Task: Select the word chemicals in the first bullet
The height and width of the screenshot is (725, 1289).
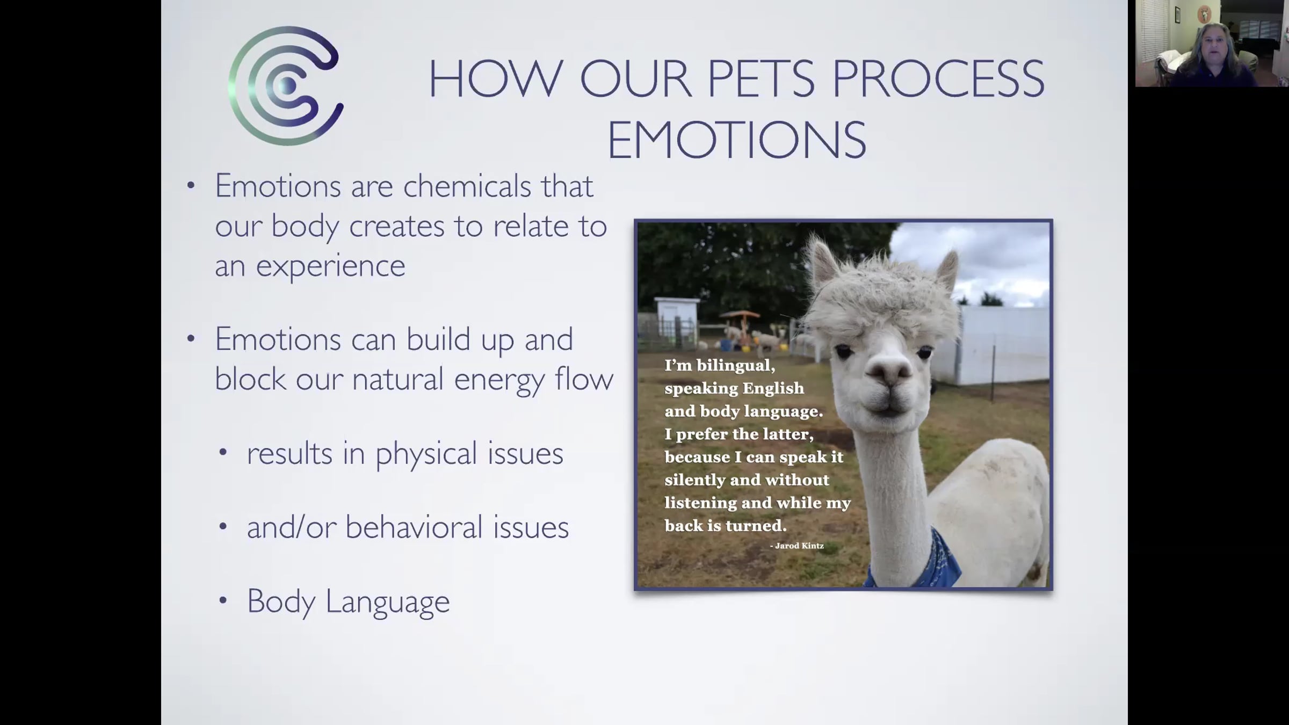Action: coord(467,186)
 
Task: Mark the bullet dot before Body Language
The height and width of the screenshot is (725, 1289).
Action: coord(223,601)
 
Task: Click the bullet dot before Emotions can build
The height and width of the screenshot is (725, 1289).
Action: coord(191,339)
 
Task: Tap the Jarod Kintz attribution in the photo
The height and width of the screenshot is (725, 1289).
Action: coord(797,546)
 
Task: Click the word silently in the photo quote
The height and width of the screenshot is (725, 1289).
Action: coord(693,480)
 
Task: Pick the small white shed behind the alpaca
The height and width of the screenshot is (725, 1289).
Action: coord(676,320)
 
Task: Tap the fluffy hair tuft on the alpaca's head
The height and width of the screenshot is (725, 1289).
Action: coord(881,301)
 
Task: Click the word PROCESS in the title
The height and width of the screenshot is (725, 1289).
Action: coord(938,79)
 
